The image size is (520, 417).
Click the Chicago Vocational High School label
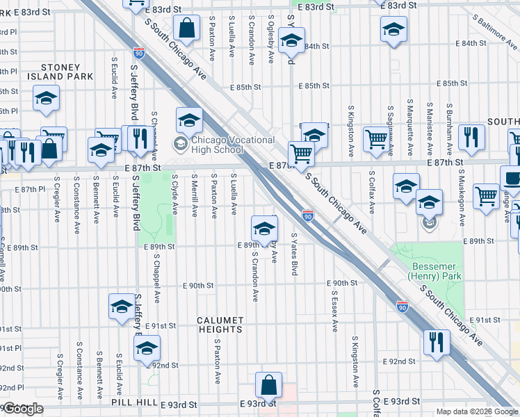click(x=223, y=145)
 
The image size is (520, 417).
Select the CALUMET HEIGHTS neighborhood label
click(x=220, y=325)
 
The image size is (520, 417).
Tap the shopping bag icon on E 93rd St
click(x=268, y=384)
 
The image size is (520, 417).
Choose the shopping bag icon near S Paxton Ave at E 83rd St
click(x=188, y=28)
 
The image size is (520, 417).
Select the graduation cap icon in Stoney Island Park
click(x=46, y=99)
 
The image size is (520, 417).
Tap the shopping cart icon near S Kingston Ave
click(x=376, y=138)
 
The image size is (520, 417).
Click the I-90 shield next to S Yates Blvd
click(x=307, y=216)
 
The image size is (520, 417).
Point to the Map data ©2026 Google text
click(x=477, y=411)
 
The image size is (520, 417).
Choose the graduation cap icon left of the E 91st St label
click(x=122, y=306)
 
